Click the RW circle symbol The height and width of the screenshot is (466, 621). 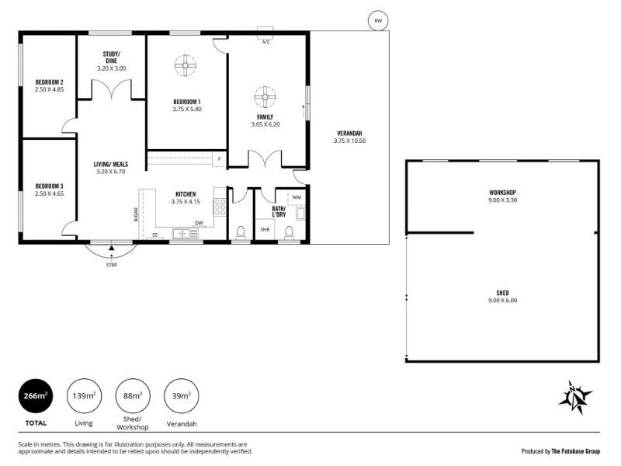378,21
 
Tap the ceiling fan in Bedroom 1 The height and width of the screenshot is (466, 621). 186,65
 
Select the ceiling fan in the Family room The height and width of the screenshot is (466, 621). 265,96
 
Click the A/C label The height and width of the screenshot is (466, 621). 265,42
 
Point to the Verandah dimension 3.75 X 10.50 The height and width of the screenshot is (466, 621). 350,141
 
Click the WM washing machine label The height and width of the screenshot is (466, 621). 297,197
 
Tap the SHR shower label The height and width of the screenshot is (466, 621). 265,229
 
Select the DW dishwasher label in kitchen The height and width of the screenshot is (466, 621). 199,223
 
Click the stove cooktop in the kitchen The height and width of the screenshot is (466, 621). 220,207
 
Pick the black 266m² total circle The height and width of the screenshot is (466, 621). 36,396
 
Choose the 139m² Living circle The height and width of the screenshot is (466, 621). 84,396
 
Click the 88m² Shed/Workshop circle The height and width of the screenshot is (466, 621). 133,396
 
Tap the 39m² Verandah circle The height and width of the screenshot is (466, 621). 182,396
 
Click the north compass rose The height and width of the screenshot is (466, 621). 574,398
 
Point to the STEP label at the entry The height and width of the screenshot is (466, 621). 112,265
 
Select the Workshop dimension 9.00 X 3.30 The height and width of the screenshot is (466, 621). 502,200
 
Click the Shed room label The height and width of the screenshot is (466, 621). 502,293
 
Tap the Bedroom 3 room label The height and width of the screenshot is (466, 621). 49,186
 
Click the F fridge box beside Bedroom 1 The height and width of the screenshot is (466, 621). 219,159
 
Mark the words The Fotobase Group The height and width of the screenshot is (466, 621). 576,451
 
